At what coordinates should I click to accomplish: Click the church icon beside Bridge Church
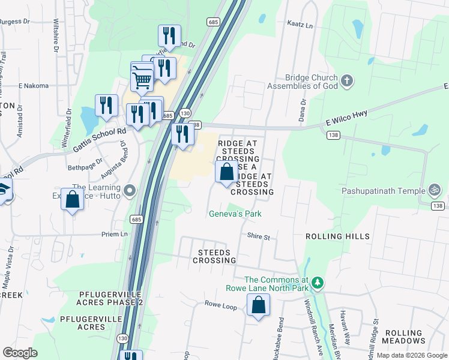346,80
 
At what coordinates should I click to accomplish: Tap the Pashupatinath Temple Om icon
435,191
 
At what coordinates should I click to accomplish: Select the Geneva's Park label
235,214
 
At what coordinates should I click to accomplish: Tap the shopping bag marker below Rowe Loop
258,306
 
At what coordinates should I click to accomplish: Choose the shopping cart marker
142,78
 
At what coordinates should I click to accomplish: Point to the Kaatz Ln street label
301,26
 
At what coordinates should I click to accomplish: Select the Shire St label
259,237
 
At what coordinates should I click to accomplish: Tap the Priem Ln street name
115,234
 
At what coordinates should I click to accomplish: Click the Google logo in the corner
20,353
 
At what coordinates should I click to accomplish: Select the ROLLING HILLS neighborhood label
337,236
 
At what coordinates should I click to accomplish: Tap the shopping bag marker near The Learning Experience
71,200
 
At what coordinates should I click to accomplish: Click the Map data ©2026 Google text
411,355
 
